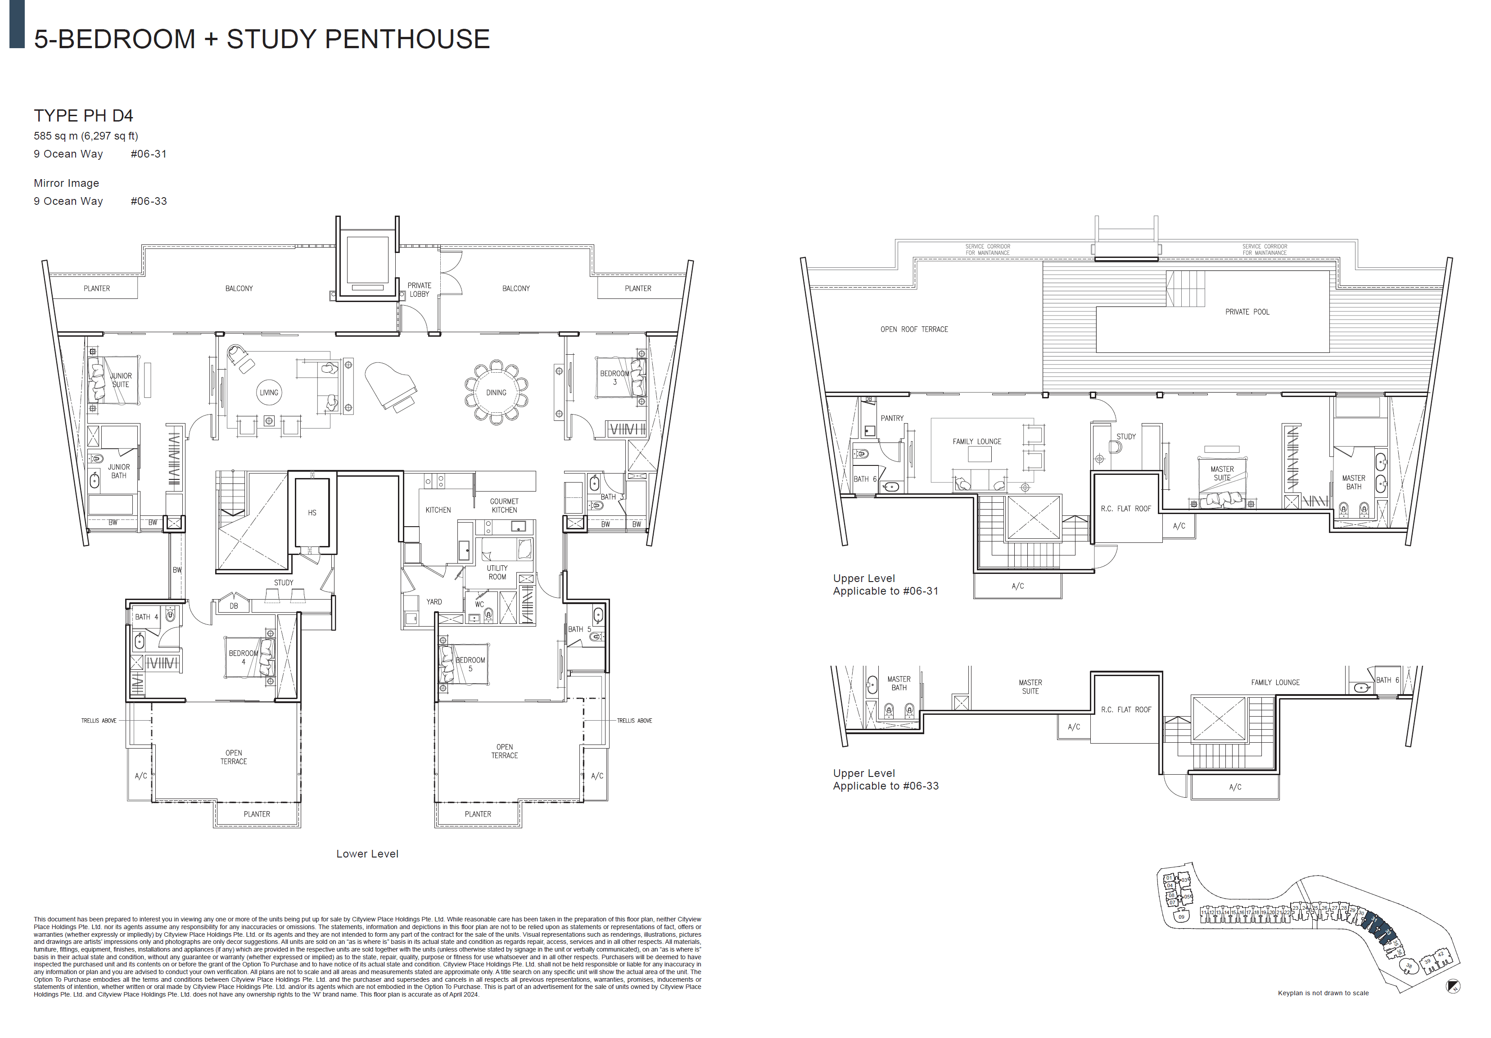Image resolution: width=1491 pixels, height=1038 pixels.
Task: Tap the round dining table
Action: [496, 392]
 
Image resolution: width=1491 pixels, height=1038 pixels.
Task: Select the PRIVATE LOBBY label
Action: [419, 289]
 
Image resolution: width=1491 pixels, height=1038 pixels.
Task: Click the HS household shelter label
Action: [312, 513]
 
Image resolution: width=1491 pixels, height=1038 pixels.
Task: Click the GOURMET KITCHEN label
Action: [504, 505]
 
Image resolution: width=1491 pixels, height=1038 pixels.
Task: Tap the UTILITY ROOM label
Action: [497, 573]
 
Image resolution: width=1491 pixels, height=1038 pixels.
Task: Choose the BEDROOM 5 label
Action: [470, 664]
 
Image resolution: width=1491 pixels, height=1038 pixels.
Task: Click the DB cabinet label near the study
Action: [234, 606]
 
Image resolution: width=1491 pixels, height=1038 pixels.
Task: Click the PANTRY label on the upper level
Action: [892, 419]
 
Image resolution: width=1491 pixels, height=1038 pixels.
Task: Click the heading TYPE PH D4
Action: [83, 116]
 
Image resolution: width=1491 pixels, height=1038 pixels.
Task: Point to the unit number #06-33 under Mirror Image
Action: [149, 201]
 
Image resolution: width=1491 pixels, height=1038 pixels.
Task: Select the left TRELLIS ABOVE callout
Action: [99, 721]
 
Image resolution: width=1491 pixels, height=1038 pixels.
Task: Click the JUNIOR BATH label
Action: [118, 471]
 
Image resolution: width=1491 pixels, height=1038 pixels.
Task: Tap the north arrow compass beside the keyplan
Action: [1453, 987]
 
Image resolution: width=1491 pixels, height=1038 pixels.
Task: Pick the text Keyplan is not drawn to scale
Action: [1323, 993]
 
